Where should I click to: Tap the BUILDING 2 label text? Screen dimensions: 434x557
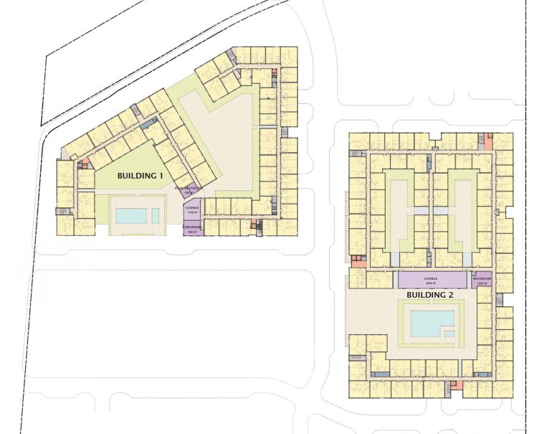[x=431, y=295]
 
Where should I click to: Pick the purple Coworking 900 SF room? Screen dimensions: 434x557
[x=192, y=230]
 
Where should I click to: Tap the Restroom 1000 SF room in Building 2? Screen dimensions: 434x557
[x=481, y=280]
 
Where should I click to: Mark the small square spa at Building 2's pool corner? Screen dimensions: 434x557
[x=449, y=334]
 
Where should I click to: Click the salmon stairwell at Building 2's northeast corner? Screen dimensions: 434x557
[x=488, y=141]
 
